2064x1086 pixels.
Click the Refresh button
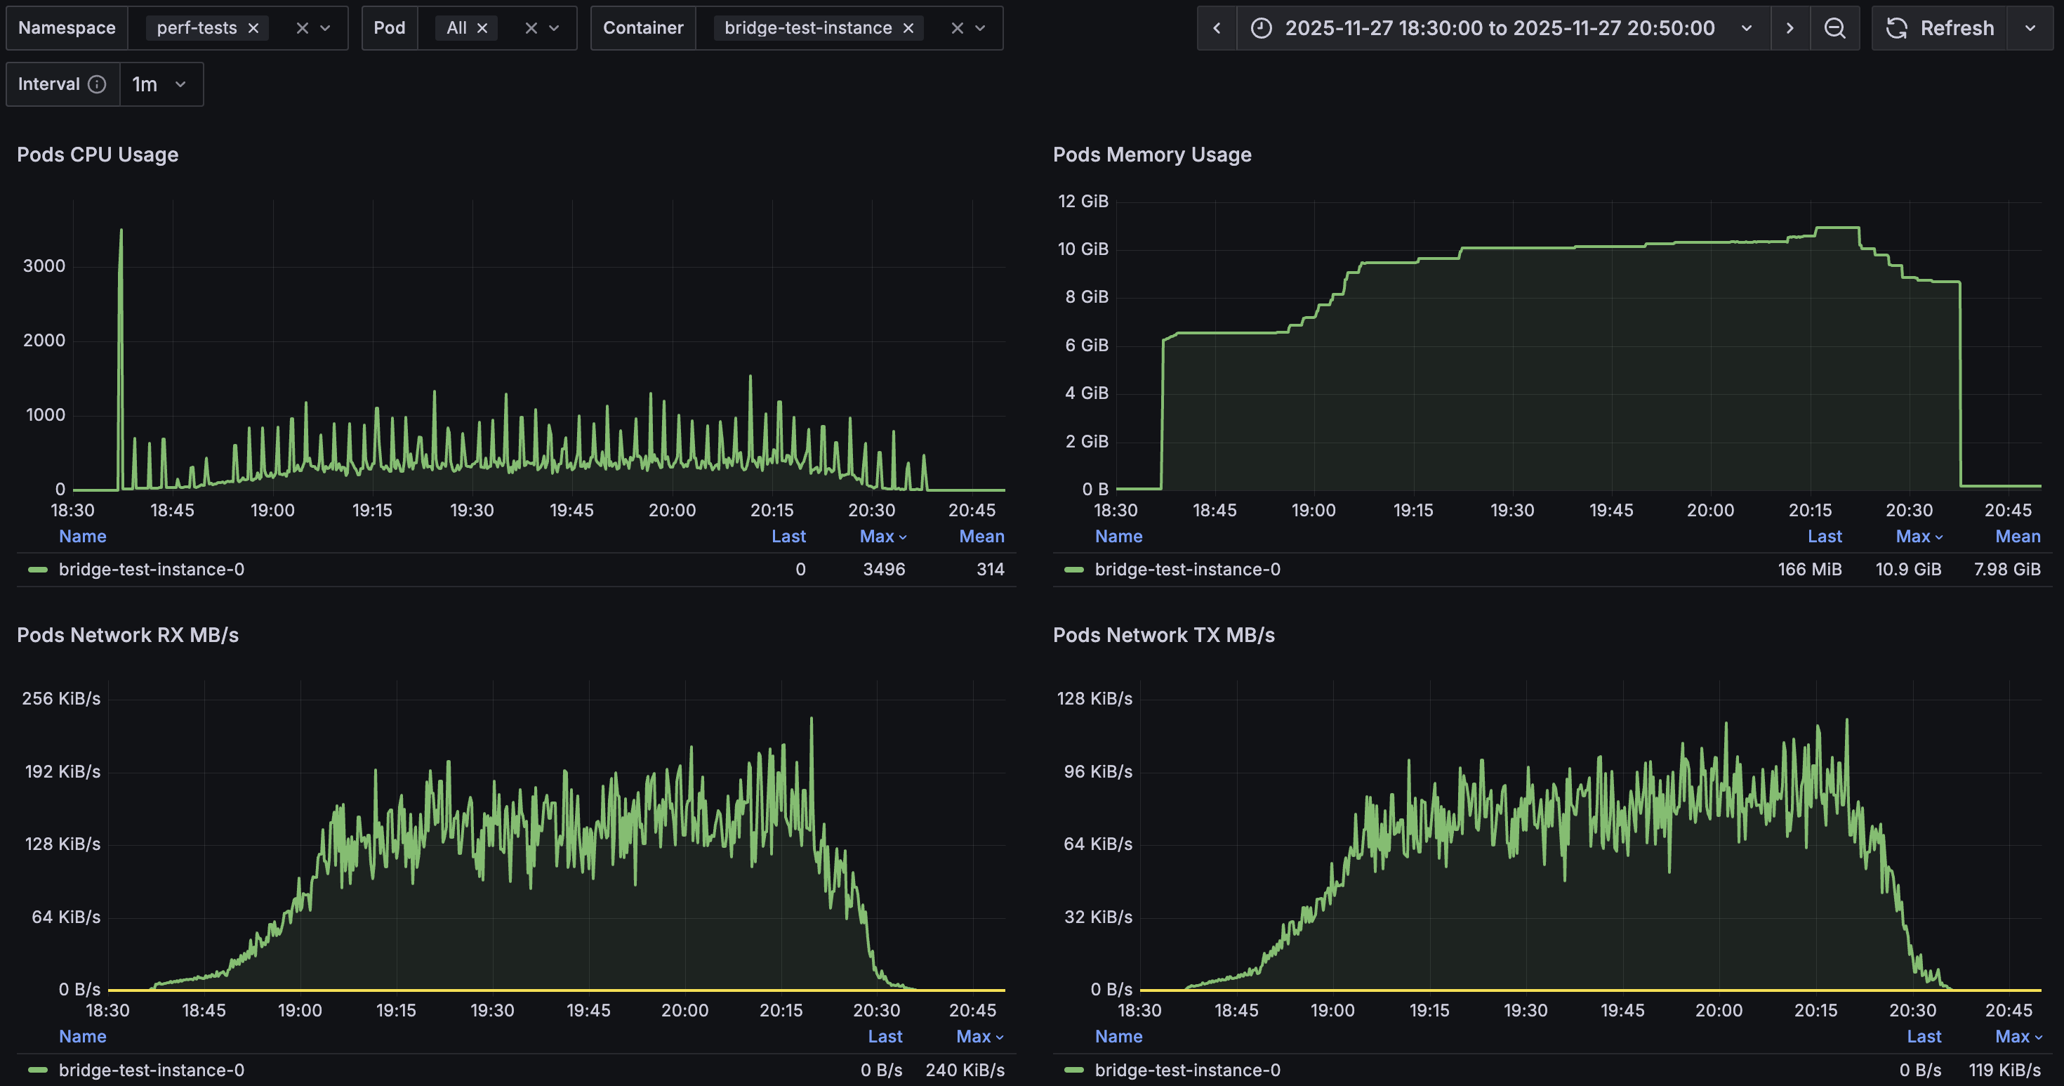pos(1940,28)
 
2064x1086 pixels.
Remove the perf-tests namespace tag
pos(253,28)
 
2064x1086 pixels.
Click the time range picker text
pos(1499,28)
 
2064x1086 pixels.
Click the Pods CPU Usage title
pos(98,155)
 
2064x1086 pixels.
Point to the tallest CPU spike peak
pos(121,231)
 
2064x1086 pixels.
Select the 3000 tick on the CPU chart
pos(44,266)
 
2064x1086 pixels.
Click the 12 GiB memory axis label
pos(1083,201)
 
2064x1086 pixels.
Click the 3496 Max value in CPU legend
pos(884,569)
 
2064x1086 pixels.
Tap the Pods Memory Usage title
pos(1151,155)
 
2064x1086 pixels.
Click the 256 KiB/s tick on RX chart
pos(61,698)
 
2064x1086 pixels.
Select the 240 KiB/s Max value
pos(965,1070)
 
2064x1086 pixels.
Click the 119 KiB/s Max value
pos(2004,1070)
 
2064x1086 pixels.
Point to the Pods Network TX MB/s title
pos(1163,635)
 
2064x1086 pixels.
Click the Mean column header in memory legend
pos(2018,536)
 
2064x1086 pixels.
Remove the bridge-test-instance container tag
pos(908,28)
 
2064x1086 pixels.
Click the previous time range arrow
pos(1216,28)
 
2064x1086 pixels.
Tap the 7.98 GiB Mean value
pos(2006,569)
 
